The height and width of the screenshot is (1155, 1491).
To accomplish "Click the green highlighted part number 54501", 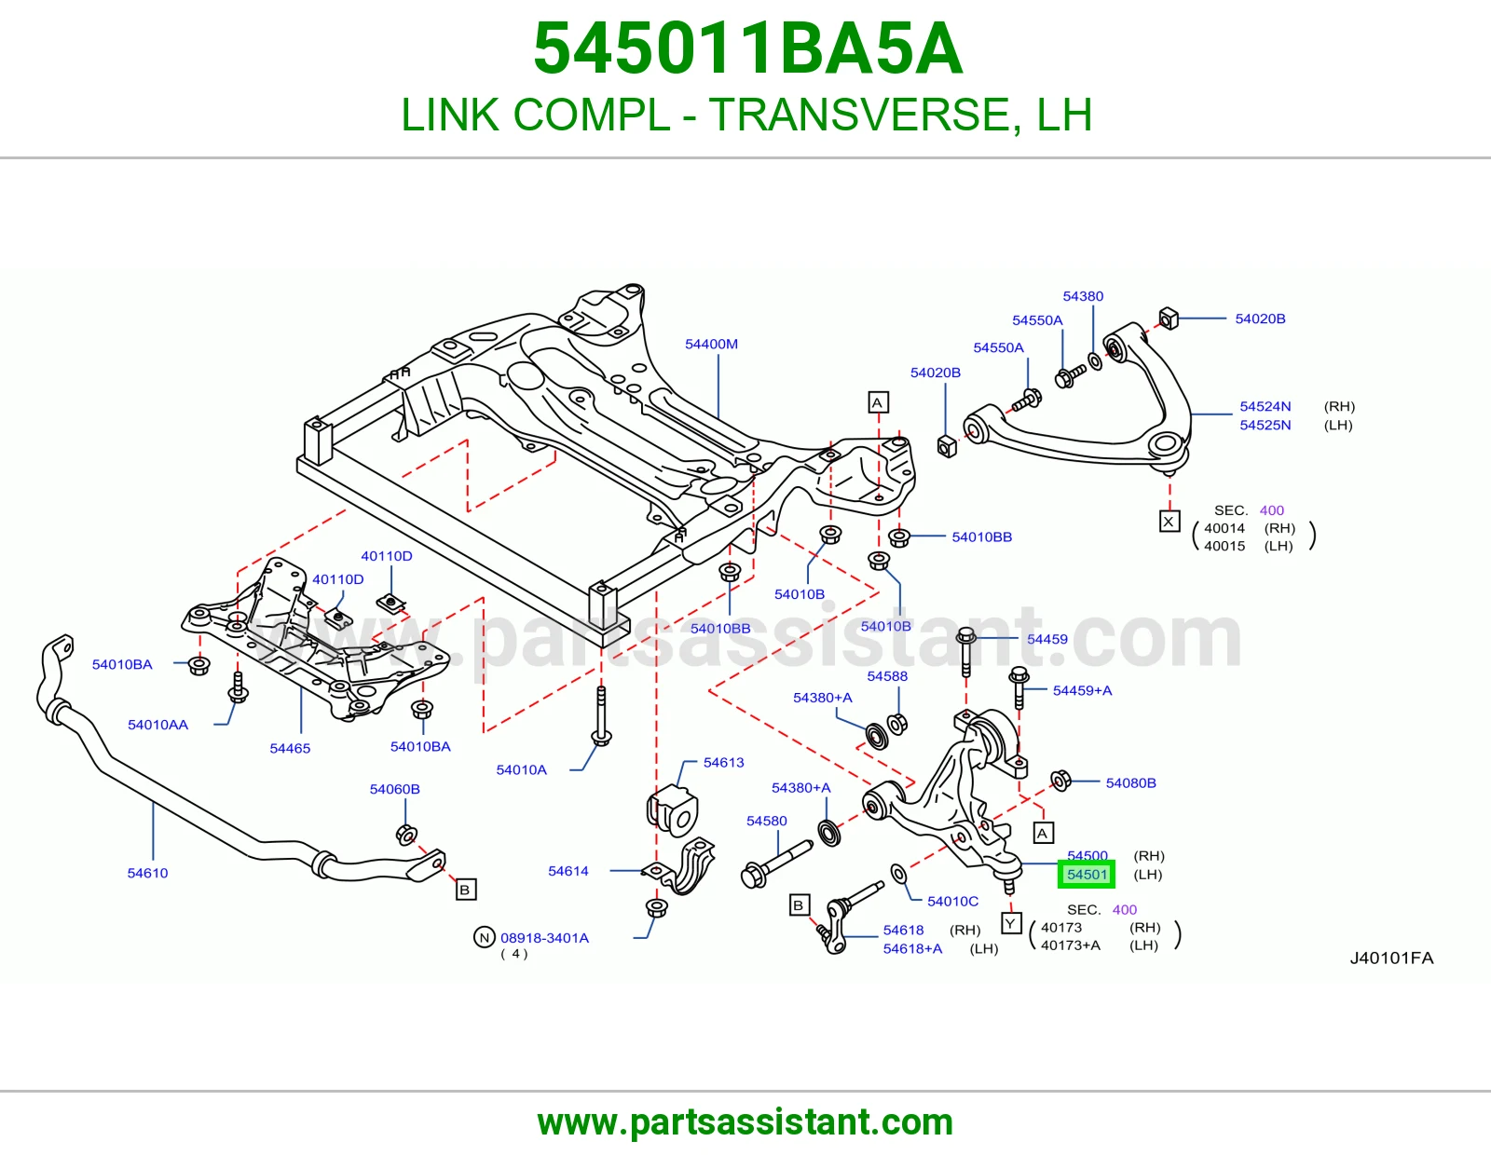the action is (1087, 874).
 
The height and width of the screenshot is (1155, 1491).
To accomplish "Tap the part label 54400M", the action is (711, 344).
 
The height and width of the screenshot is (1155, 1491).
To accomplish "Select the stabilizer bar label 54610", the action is (147, 873).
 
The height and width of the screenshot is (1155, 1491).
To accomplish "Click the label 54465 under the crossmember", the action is (290, 748).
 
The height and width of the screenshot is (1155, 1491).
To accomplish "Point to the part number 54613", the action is (723, 762).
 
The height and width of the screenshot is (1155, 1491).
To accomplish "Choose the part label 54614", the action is (568, 870).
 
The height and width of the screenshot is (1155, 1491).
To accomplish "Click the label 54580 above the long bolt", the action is (766, 821).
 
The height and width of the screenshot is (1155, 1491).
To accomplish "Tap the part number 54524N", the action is (1265, 406).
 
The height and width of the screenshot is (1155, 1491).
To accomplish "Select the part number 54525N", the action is (1265, 425).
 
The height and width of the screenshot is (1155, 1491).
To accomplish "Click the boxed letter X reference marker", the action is (1169, 522).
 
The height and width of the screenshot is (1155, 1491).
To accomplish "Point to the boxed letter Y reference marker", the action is (1011, 923).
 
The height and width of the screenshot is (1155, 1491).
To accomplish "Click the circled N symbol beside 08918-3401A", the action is (485, 937).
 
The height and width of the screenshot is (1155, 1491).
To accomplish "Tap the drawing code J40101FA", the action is (1391, 958).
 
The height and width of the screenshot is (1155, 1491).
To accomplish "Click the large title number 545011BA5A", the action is (748, 48).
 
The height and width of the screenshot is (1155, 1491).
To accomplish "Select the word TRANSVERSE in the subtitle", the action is (858, 115).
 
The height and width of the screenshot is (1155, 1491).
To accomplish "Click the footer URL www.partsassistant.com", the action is (745, 1122).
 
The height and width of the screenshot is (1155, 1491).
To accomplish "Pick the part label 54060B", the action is (394, 789).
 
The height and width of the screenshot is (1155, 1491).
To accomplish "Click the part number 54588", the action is (887, 675).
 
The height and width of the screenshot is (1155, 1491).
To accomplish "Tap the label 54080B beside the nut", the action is (1130, 782).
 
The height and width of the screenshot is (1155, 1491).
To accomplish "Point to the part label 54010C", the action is (952, 901).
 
